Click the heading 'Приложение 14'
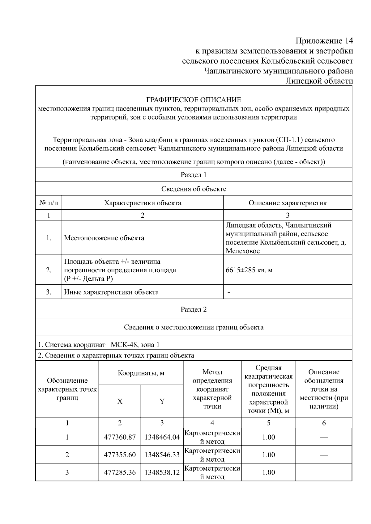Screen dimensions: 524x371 tap(324, 41)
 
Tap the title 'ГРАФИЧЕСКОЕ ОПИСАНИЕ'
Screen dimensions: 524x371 tap(194, 100)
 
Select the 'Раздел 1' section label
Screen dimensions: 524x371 tap(194, 175)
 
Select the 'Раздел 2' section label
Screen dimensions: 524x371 tap(194, 310)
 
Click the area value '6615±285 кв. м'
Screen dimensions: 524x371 tap(249, 270)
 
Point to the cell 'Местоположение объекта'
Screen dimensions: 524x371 tap(104, 238)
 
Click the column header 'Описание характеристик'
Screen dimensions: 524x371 tap(288, 203)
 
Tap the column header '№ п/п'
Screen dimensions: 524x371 tap(49, 203)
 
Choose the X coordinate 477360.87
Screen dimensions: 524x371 tap(120, 437)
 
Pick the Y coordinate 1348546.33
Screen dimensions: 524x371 tap(162, 455)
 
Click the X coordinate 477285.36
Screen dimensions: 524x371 tap(120, 472)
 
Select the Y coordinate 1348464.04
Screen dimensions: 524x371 tap(162, 437)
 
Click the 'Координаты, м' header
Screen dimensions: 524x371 tap(141, 373)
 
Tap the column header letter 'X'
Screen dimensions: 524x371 tap(120, 401)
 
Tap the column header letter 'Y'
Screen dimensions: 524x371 tap(162, 401)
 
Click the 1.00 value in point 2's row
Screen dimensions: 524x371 tap(268, 455)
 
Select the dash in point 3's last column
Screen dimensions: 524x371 tap(324, 472)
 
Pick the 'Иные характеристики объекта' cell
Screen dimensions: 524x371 tap(111, 292)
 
